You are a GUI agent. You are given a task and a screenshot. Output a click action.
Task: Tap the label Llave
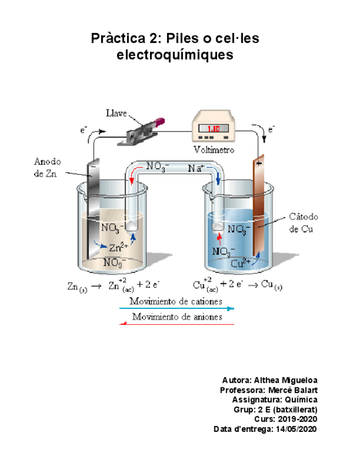click(116, 114)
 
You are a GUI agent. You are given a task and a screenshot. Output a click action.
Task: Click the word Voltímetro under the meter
click(214, 149)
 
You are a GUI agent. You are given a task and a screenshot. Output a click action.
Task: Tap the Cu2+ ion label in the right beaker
click(241, 263)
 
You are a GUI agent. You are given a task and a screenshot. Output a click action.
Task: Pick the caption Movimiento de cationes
click(176, 302)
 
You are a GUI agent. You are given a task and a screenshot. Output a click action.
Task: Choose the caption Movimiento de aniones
click(176, 317)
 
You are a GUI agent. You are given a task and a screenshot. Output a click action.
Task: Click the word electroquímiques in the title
click(175, 56)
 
